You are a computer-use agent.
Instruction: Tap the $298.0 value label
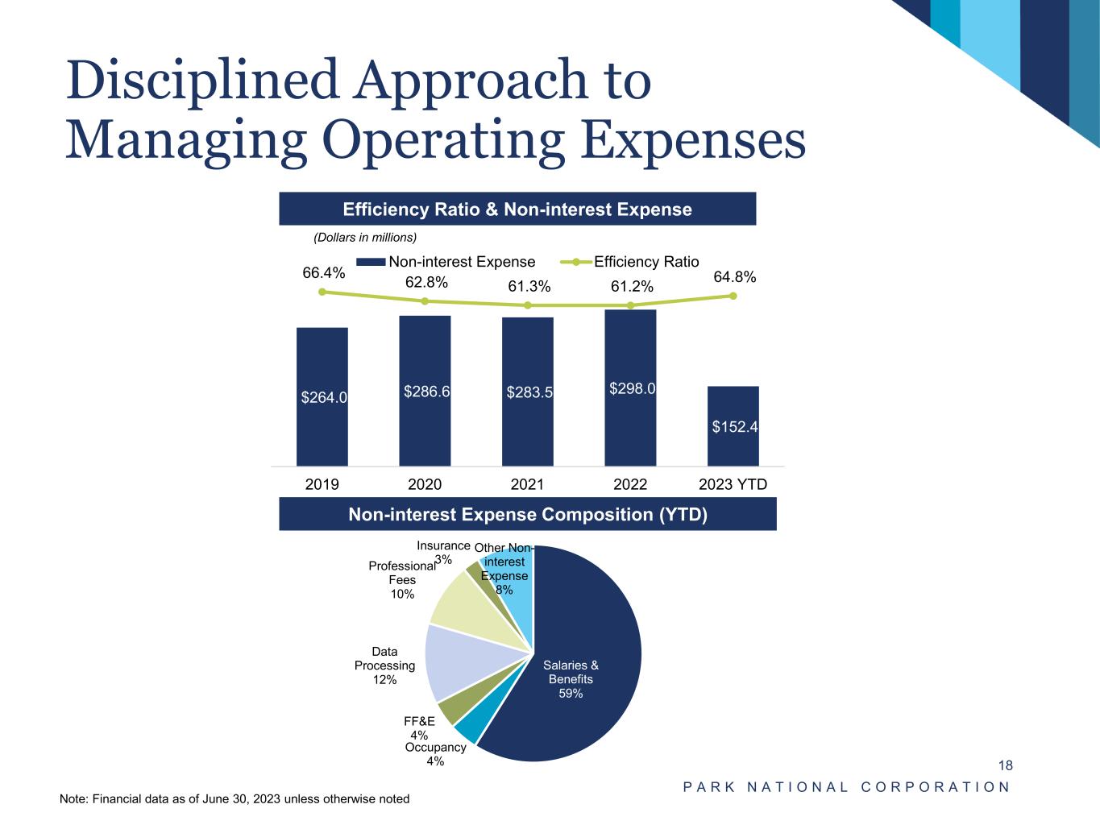tap(632, 388)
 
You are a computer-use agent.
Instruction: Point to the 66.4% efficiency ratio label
tap(324, 273)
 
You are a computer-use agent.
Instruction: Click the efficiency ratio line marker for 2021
tap(528, 305)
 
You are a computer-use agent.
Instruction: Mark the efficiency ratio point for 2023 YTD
tap(733, 296)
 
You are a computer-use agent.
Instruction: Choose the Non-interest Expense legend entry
tap(446, 262)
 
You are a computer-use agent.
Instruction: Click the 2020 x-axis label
tap(425, 484)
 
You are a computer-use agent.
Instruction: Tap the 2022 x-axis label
tap(630, 484)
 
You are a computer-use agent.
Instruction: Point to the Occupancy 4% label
tap(435, 754)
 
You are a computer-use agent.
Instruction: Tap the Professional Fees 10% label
tap(402, 580)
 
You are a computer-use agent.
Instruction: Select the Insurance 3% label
tap(443, 553)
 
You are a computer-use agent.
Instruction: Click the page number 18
tap(1005, 765)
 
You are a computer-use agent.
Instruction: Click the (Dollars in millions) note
tap(364, 237)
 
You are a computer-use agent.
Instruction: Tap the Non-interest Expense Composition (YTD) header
tap(528, 514)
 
